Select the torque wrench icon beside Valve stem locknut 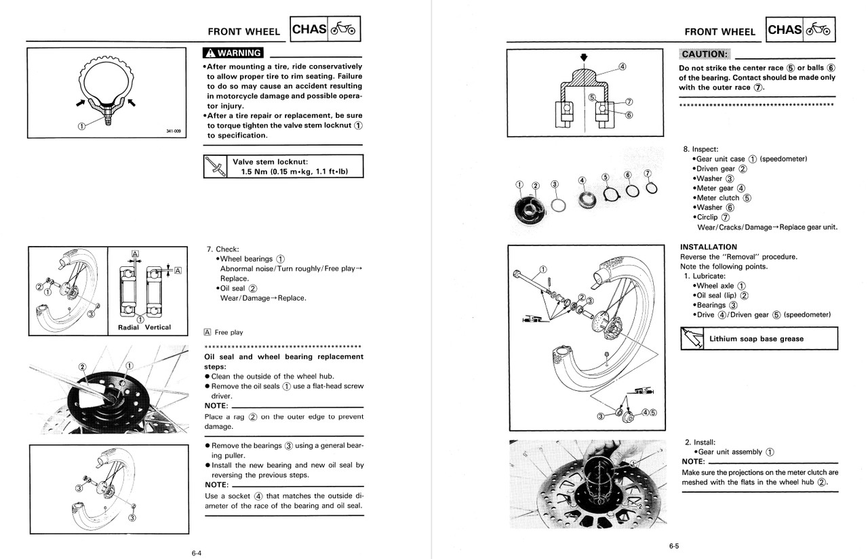click(x=216, y=167)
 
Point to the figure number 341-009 click(x=174, y=131)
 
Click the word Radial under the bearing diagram click(x=128, y=327)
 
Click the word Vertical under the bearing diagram click(x=158, y=327)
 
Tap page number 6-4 click(x=196, y=553)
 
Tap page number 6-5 click(x=673, y=546)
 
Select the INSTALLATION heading click(x=708, y=247)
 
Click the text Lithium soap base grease click(x=756, y=339)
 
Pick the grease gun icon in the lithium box click(x=692, y=338)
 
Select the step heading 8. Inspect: click(x=701, y=149)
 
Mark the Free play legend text click(x=229, y=333)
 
